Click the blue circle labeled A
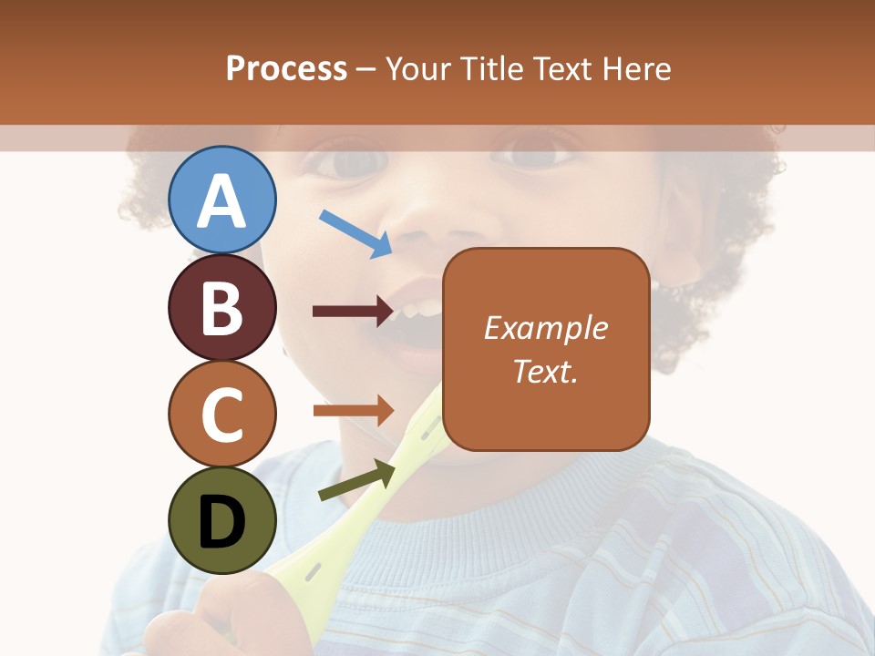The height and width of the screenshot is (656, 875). [x=222, y=200]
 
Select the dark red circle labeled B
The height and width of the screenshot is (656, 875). [x=222, y=307]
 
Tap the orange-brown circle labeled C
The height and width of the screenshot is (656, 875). [x=222, y=414]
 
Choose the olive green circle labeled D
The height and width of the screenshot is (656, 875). [x=222, y=520]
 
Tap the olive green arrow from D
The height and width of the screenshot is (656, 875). [x=356, y=481]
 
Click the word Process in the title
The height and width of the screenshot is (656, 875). [x=286, y=68]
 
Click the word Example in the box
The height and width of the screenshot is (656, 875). [x=545, y=328]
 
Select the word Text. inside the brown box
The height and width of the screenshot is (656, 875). [x=545, y=371]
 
